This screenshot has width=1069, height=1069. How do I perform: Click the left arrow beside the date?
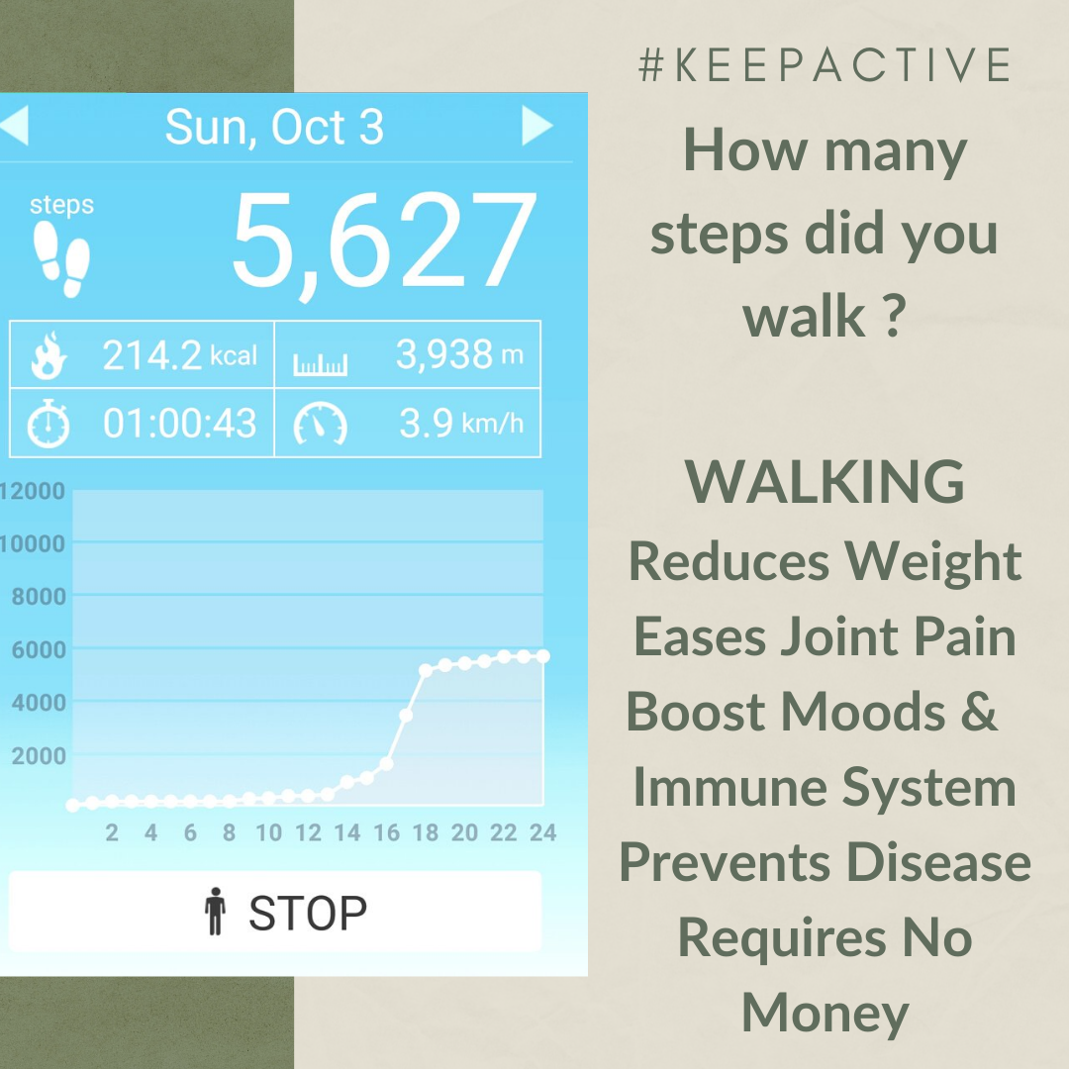[x=15, y=127]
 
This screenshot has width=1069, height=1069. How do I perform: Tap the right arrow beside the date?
[x=536, y=127]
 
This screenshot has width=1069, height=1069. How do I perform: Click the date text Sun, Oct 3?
[x=274, y=128]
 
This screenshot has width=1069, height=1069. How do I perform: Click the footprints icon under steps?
[x=61, y=257]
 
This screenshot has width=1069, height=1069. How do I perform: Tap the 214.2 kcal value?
[x=179, y=355]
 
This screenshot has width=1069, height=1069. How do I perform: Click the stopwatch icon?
[x=48, y=426]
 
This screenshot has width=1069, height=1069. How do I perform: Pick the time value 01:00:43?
[x=179, y=424]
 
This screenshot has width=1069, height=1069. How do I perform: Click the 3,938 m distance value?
[x=459, y=354]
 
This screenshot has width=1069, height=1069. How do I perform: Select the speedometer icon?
[x=320, y=426]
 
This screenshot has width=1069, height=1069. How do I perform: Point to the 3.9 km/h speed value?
[x=461, y=424]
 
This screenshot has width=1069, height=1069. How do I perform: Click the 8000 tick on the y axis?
[x=37, y=597]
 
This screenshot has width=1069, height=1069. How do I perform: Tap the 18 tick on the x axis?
[x=426, y=833]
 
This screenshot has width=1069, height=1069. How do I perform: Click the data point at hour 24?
[x=542, y=656]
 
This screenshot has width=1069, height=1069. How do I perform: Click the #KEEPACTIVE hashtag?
[x=825, y=65]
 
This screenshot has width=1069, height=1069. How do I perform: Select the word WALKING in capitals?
[x=825, y=482]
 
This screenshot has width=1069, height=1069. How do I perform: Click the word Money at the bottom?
[x=825, y=1013]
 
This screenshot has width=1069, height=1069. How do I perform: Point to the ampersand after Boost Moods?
[x=978, y=712]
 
